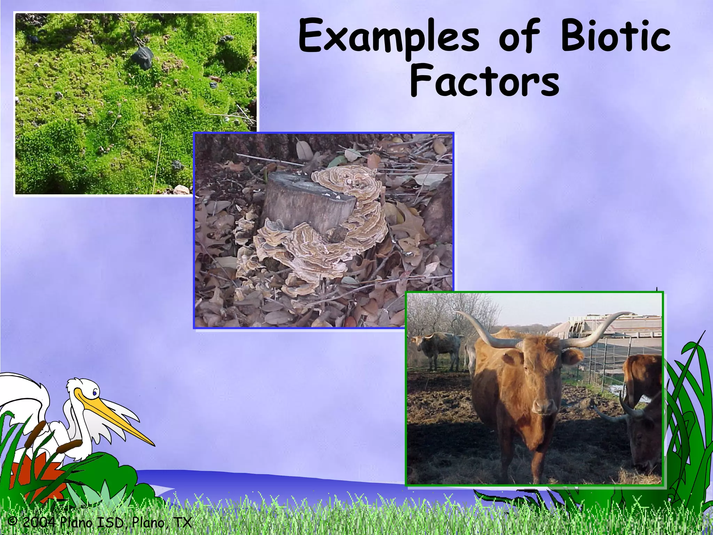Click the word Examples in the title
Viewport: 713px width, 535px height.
click(389, 38)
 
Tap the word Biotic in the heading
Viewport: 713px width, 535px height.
click(615, 37)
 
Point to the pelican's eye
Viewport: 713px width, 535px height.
click(94, 393)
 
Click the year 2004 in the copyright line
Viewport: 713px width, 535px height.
click(38, 522)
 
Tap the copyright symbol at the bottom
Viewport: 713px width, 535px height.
click(13, 521)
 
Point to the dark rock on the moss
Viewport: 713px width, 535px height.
click(143, 56)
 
